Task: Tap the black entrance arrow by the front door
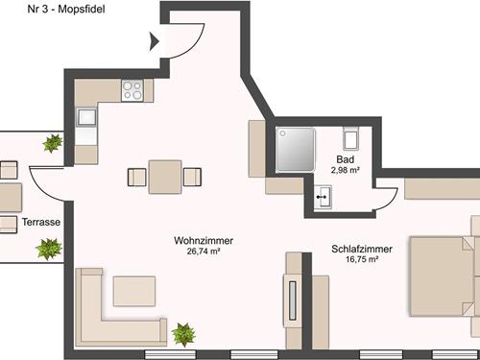pos(155,40)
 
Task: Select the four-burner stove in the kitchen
pos(132,91)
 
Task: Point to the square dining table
pos(165,177)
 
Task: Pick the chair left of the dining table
pos(134,177)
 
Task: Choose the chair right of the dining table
pos(192,177)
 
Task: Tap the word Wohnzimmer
pos(204,240)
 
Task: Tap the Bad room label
pos(345,159)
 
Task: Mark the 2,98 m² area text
pos(345,170)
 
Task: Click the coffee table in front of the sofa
pos(133,290)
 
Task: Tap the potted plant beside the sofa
pos(182,334)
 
